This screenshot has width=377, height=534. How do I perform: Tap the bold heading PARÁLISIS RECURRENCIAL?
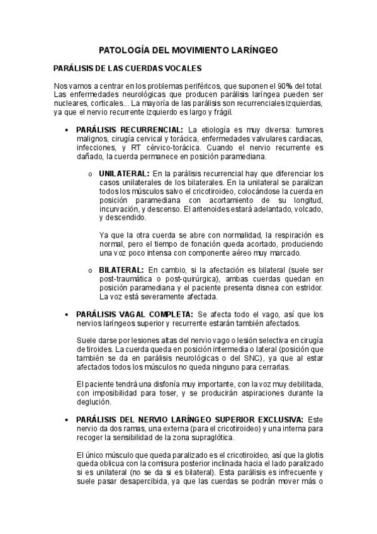[127, 129]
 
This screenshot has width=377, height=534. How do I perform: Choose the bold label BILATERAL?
[121, 270]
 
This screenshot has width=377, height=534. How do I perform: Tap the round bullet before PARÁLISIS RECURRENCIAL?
[67, 129]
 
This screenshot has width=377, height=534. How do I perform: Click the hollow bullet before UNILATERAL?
[91, 173]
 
